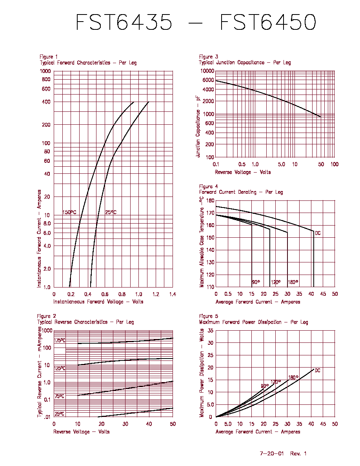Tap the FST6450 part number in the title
268,22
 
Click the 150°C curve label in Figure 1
69,212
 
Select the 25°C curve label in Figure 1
111,212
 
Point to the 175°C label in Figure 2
60,340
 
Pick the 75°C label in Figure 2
59,396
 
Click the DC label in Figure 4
318,233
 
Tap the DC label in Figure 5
318,370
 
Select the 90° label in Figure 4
256,282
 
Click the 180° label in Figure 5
293,377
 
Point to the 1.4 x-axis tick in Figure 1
173,294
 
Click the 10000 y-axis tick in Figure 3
207,71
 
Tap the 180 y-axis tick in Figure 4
210,200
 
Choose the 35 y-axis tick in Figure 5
211,330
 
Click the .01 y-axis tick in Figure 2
47,417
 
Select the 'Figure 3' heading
209,56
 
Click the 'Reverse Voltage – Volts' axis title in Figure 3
243,172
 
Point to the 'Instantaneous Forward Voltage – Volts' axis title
98,302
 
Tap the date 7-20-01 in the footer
272,453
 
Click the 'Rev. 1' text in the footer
298,453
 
